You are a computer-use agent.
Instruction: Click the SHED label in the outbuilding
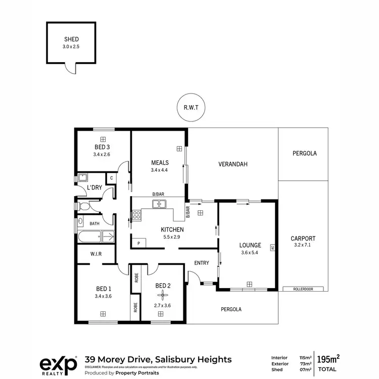[x=72, y=39]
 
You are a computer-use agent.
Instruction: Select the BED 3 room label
[x=102, y=147]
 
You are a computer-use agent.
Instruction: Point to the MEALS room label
[x=159, y=163]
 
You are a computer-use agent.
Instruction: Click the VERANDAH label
[x=232, y=164]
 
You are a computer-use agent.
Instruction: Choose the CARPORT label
[x=303, y=239]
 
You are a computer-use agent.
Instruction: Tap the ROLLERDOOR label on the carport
[x=303, y=289]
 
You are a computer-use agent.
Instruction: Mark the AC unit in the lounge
[x=272, y=248]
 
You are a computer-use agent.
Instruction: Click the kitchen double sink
[x=160, y=204]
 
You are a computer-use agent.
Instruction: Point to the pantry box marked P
[x=138, y=243]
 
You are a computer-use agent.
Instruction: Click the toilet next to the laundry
[x=84, y=207]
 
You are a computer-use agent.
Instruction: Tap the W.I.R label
[x=96, y=254]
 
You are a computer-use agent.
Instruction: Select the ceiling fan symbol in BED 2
[x=163, y=297]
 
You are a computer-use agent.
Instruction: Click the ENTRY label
[x=202, y=263]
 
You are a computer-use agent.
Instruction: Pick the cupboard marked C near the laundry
[x=111, y=178]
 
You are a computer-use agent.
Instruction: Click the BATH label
[x=94, y=223]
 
